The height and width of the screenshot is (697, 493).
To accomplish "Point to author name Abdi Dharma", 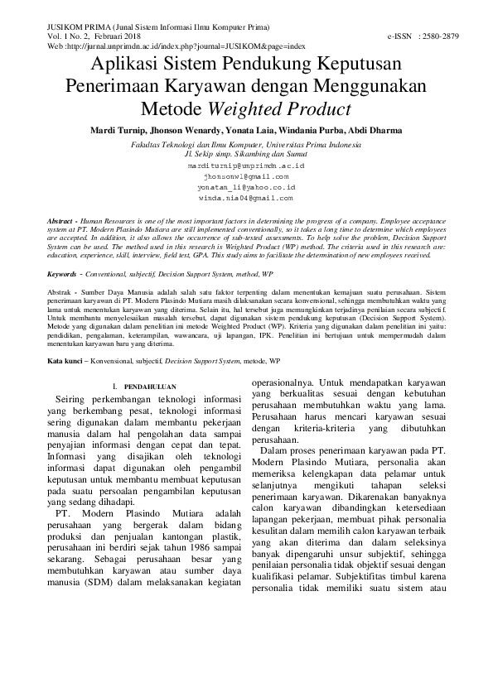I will coord(379,131).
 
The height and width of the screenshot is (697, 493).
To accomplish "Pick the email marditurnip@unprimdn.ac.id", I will coord(247,166).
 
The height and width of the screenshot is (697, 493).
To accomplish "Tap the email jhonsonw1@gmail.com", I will coord(247,176).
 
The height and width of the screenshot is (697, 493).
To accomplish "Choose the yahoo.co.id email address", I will coord(247,187).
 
